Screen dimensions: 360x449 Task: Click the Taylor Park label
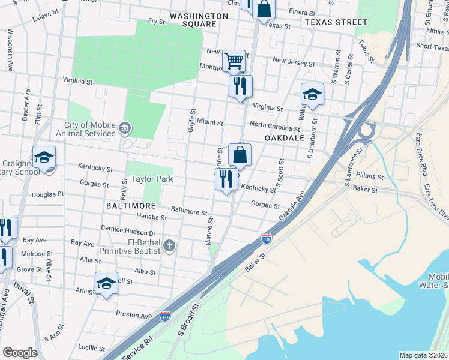[x=152, y=179]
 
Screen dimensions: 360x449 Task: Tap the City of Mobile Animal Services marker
[x=125, y=127]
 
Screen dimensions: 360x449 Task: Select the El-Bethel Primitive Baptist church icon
[x=169, y=245]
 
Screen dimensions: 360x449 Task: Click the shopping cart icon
[x=234, y=61]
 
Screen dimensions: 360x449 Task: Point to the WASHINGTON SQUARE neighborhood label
[x=199, y=20]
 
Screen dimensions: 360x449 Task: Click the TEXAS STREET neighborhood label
[x=336, y=22]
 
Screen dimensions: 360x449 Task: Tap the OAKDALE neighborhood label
[x=282, y=137]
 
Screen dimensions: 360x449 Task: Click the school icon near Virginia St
[x=312, y=94]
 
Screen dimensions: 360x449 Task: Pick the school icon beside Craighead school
[x=44, y=157]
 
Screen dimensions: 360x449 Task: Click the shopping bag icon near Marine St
[x=240, y=155]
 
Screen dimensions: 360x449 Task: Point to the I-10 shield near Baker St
[x=266, y=239]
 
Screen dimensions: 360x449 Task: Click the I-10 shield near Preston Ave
[x=164, y=315]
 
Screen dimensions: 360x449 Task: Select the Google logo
[x=20, y=352]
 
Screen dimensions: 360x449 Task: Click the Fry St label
[x=157, y=21]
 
